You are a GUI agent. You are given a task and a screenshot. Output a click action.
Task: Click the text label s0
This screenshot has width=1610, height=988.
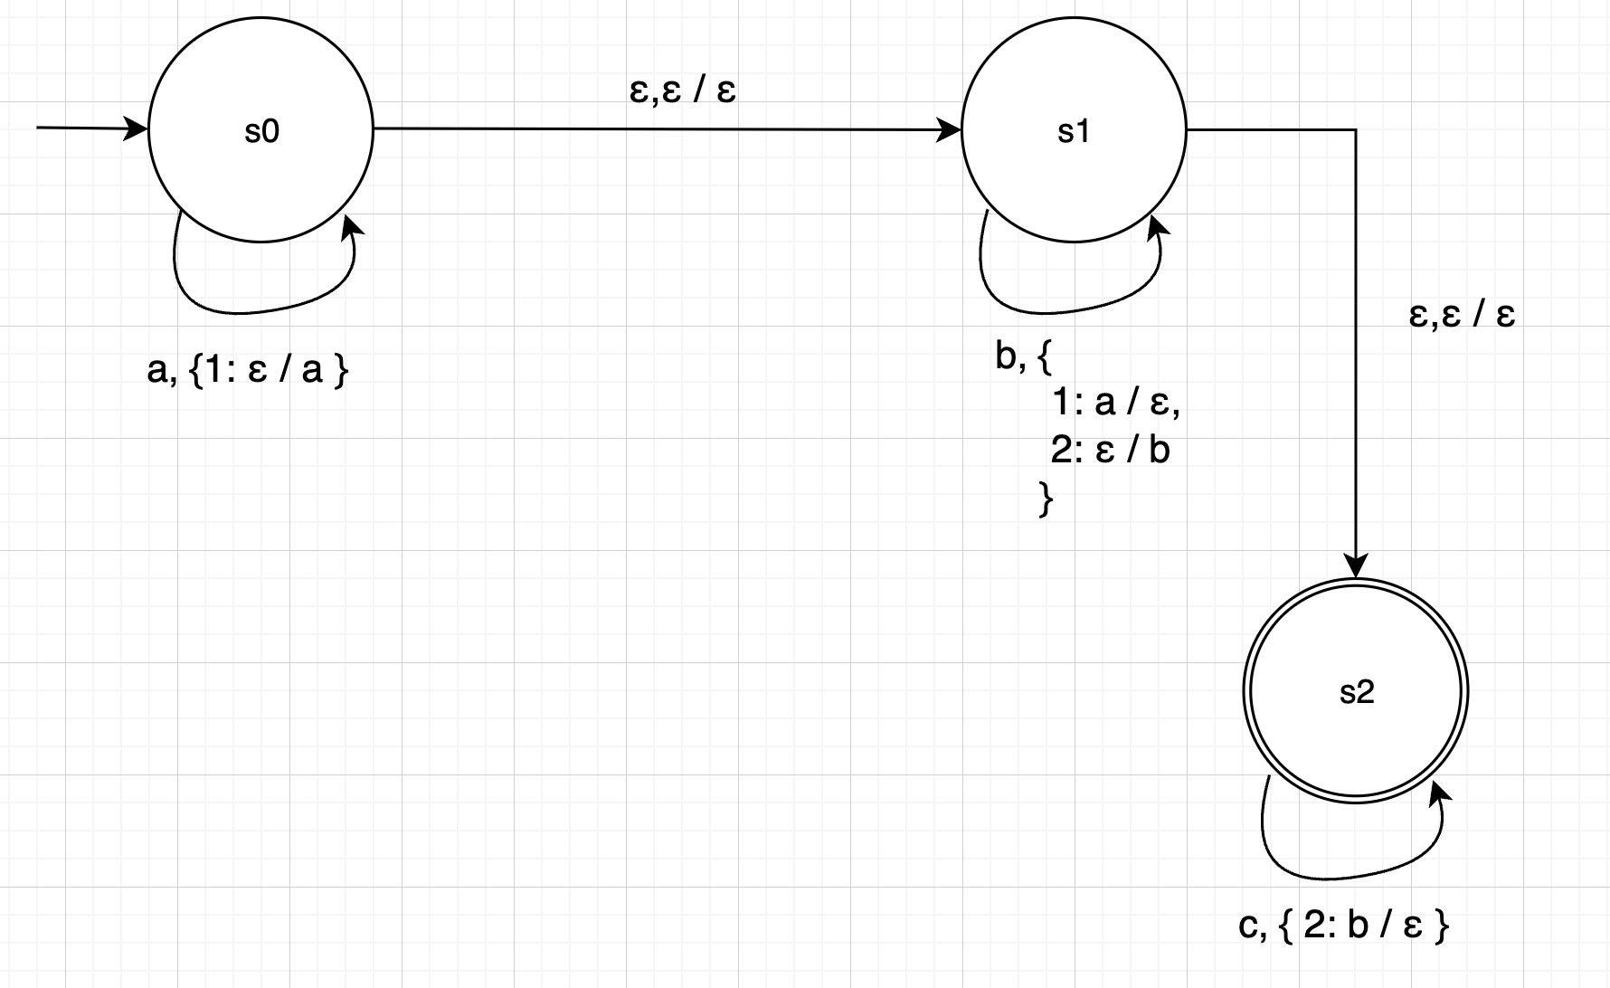tap(261, 132)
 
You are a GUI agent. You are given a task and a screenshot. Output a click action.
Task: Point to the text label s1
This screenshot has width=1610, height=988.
tap(1074, 132)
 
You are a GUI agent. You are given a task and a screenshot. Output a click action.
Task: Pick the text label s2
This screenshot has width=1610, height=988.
tap(1356, 692)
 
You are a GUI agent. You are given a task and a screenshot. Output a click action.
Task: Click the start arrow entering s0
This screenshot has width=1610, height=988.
tap(90, 128)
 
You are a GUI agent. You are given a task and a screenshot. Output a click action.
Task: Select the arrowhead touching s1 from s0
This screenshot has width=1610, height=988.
tap(952, 130)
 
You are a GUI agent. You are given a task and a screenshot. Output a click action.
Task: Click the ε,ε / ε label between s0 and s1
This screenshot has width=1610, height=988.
tap(683, 90)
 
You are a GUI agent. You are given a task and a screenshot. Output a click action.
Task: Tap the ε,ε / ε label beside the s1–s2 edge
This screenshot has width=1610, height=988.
tap(1462, 315)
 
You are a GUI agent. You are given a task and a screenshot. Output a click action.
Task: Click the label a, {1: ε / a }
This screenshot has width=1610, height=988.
tap(248, 370)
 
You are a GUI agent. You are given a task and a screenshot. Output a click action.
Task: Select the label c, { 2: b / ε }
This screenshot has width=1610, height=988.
tap(1344, 926)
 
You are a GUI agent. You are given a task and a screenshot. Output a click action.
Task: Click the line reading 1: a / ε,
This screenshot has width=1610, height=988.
tap(1116, 403)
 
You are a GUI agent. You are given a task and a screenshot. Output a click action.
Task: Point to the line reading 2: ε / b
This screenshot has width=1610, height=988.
tap(1111, 450)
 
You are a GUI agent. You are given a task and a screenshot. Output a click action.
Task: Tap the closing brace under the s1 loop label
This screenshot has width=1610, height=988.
tap(1046, 499)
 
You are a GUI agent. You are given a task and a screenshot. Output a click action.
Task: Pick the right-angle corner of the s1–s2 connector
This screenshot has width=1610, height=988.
tap(1356, 130)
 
